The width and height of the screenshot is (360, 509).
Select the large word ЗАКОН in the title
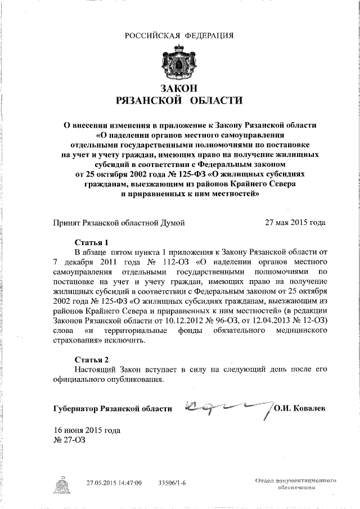(179, 89)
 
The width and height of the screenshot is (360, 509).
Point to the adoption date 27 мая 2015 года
(295, 222)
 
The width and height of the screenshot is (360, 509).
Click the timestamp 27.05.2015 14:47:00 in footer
(114, 483)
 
